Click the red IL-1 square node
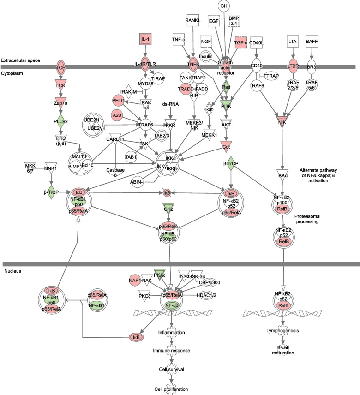(x=146, y=40)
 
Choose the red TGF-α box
(x=241, y=42)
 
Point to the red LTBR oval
(x=292, y=66)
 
